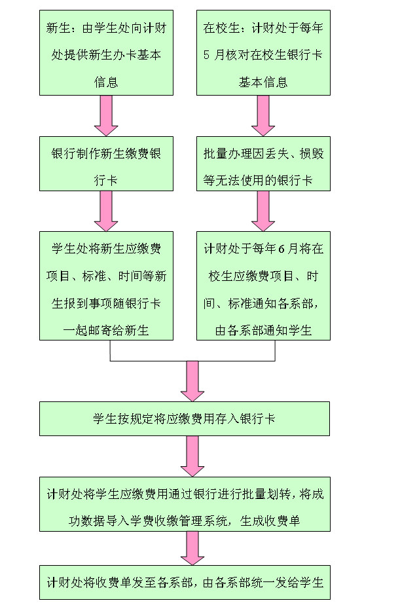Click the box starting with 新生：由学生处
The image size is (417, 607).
[x=106, y=53]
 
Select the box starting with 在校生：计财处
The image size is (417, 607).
[x=263, y=53]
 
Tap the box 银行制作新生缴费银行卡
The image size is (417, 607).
[x=106, y=164]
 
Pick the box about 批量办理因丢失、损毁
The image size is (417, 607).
[x=263, y=164]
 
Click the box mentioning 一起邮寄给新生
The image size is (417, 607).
[x=106, y=285]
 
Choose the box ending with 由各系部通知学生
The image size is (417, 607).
[x=263, y=285]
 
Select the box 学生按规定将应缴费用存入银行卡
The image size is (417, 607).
[x=185, y=418]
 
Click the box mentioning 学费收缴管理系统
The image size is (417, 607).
[x=185, y=504]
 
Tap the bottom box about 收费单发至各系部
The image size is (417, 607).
[x=185, y=582]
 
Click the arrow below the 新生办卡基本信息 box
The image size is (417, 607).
[x=106, y=115]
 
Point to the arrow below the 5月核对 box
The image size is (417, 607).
[x=263, y=115]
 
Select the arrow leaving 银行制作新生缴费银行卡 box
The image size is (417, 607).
[x=106, y=210]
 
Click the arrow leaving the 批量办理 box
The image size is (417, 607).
[x=263, y=210]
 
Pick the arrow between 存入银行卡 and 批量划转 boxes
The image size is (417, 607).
[x=192, y=456]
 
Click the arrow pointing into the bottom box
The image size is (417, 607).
[x=192, y=547]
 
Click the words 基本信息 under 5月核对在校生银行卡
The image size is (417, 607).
[x=263, y=83]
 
